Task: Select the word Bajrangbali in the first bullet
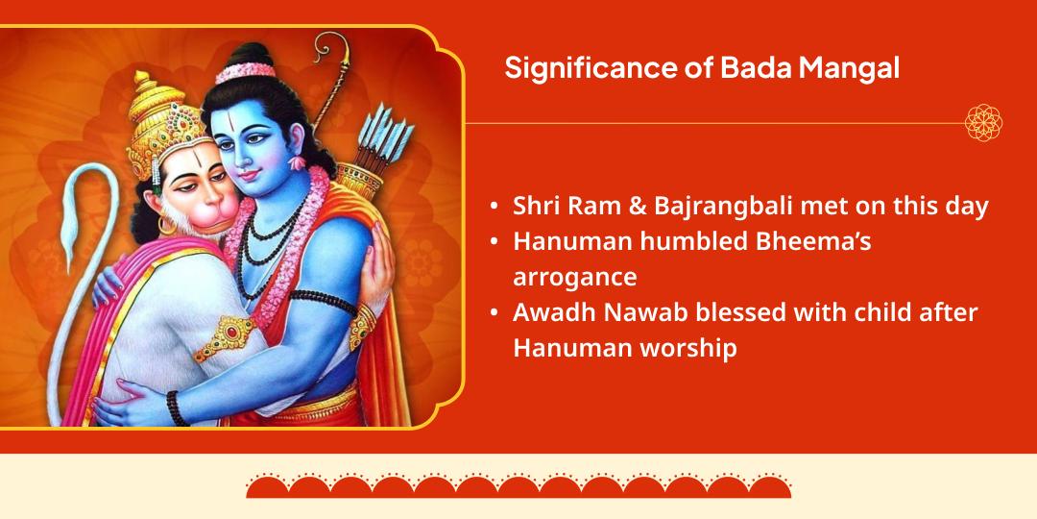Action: click(x=725, y=207)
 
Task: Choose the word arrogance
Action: click(x=575, y=278)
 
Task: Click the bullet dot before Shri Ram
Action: click(x=494, y=208)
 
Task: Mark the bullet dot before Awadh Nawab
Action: click(x=494, y=313)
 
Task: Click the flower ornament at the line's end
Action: click(x=983, y=122)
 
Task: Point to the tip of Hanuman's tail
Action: click(x=69, y=268)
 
